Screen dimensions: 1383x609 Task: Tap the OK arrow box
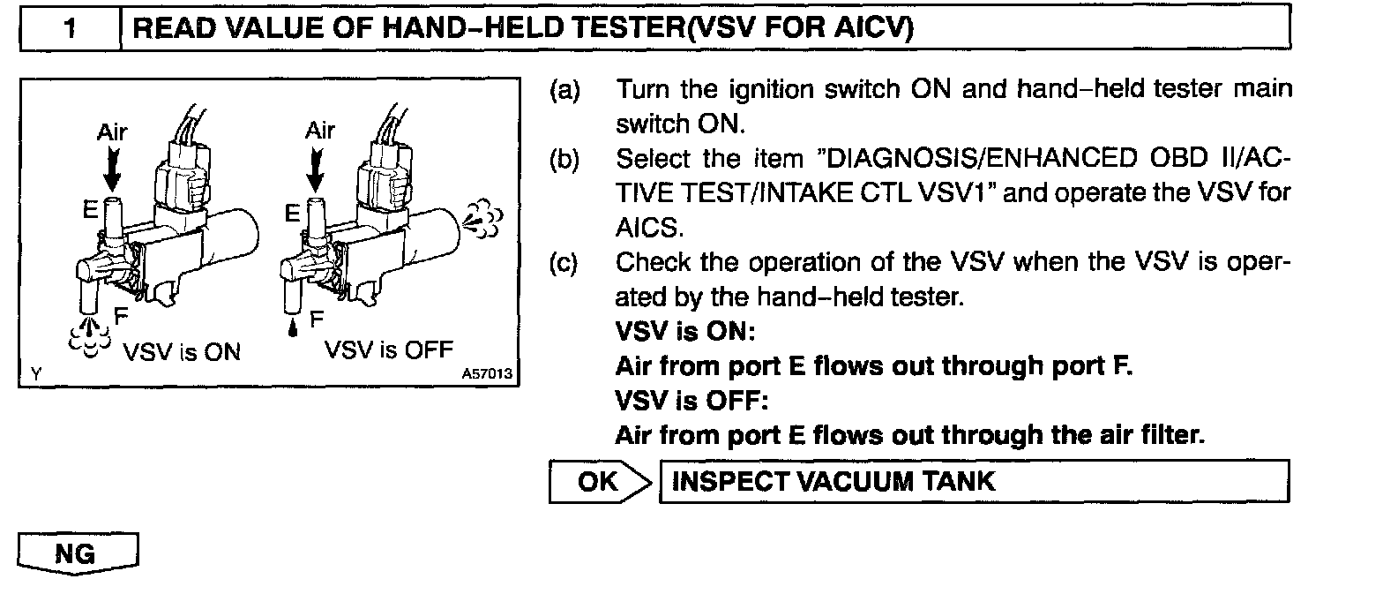(x=601, y=482)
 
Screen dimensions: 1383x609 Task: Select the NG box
(x=78, y=554)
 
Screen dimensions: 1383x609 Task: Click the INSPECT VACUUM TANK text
(x=833, y=482)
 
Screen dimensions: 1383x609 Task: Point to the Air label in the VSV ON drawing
(x=112, y=132)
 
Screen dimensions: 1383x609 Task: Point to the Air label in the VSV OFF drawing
(x=320, y=131)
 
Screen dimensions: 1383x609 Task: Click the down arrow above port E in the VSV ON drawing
(x=112, y=169)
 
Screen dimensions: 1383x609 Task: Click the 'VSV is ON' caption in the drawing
(x=181, y=351)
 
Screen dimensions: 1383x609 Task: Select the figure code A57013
(x=487, y=374)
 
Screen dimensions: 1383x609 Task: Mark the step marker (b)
(x=564, y=160)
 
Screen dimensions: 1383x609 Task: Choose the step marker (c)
(x=564, y=263)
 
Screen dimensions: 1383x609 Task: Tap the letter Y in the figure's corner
(x=34, y=374)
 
